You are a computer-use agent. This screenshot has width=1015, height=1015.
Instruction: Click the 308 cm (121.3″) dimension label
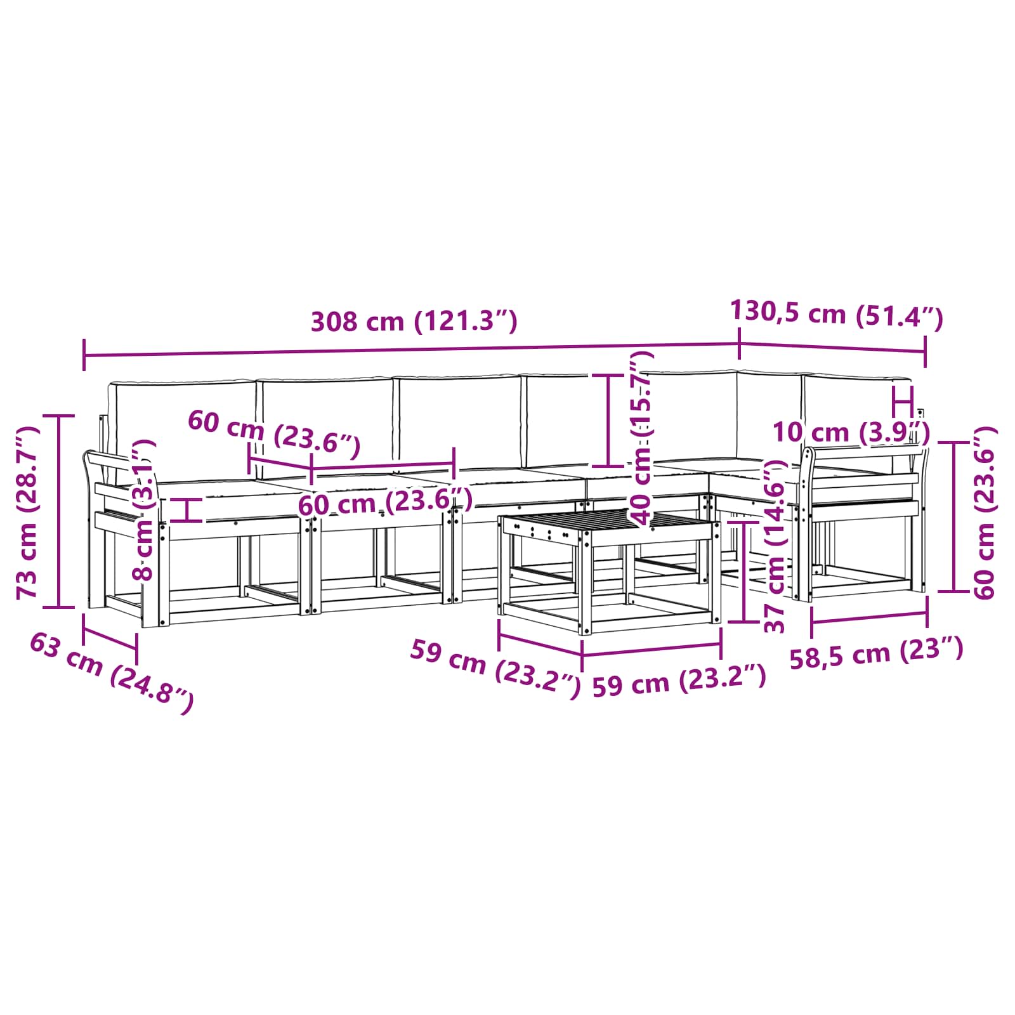[414, 322]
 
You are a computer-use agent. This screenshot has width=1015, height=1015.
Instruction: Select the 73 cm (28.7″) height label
[29, 513]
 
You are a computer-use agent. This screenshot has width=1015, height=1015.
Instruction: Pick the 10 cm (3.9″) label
[851, 433]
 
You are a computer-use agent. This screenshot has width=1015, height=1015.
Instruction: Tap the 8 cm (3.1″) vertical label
[143, 510]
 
